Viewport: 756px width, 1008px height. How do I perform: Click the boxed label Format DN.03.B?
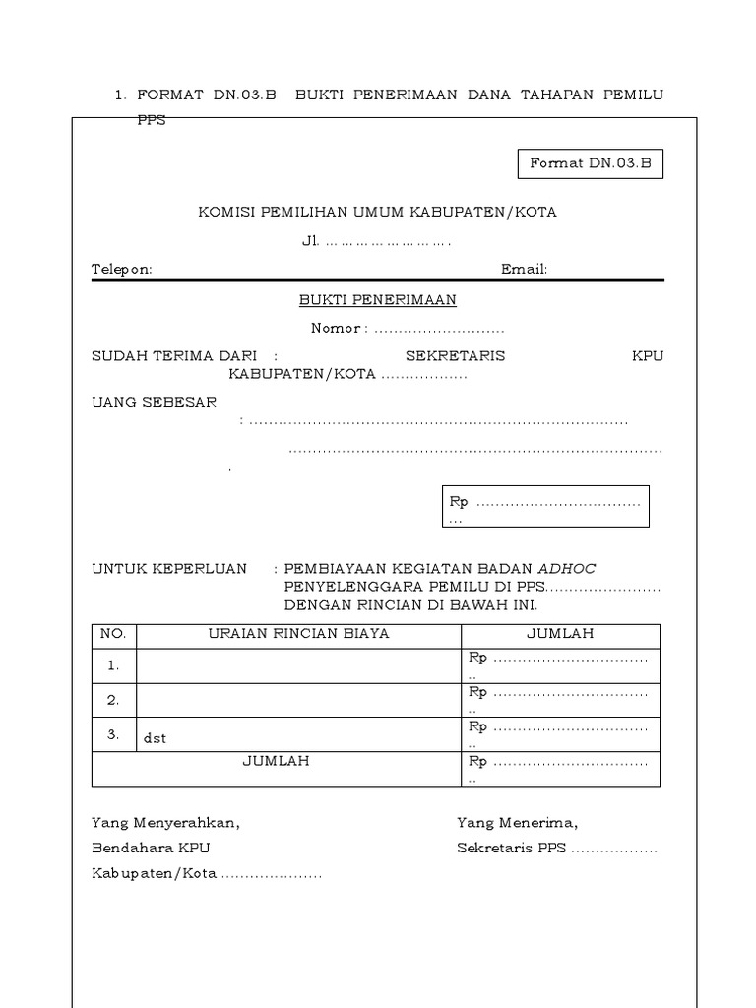[x=591, y=164]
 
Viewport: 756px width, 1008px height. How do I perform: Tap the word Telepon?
[x=122, y=270]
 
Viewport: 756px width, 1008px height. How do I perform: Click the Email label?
[x=524, y=270]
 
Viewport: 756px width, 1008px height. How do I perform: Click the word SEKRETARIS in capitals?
[x=456, y=356]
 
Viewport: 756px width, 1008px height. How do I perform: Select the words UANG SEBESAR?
[x=155, y=403]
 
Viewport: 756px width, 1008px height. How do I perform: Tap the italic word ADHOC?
[x=567, y=568]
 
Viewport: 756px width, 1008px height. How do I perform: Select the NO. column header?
[x=114, y=633]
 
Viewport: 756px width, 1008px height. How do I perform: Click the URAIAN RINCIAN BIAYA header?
[x=299, y=633]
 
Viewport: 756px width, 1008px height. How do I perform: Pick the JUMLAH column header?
[x=560, y=633]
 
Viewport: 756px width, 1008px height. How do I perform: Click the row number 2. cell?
[x=114, y=700]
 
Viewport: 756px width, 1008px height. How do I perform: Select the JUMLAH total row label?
[x=277, y=761]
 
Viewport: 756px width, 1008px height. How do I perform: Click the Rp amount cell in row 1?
[x=560, y=664]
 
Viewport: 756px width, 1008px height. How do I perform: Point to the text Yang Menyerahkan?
[x=165, y=822]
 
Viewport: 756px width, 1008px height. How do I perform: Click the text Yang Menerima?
[x=517, y=822]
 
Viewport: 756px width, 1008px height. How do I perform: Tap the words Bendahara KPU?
[x=151, y=848]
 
